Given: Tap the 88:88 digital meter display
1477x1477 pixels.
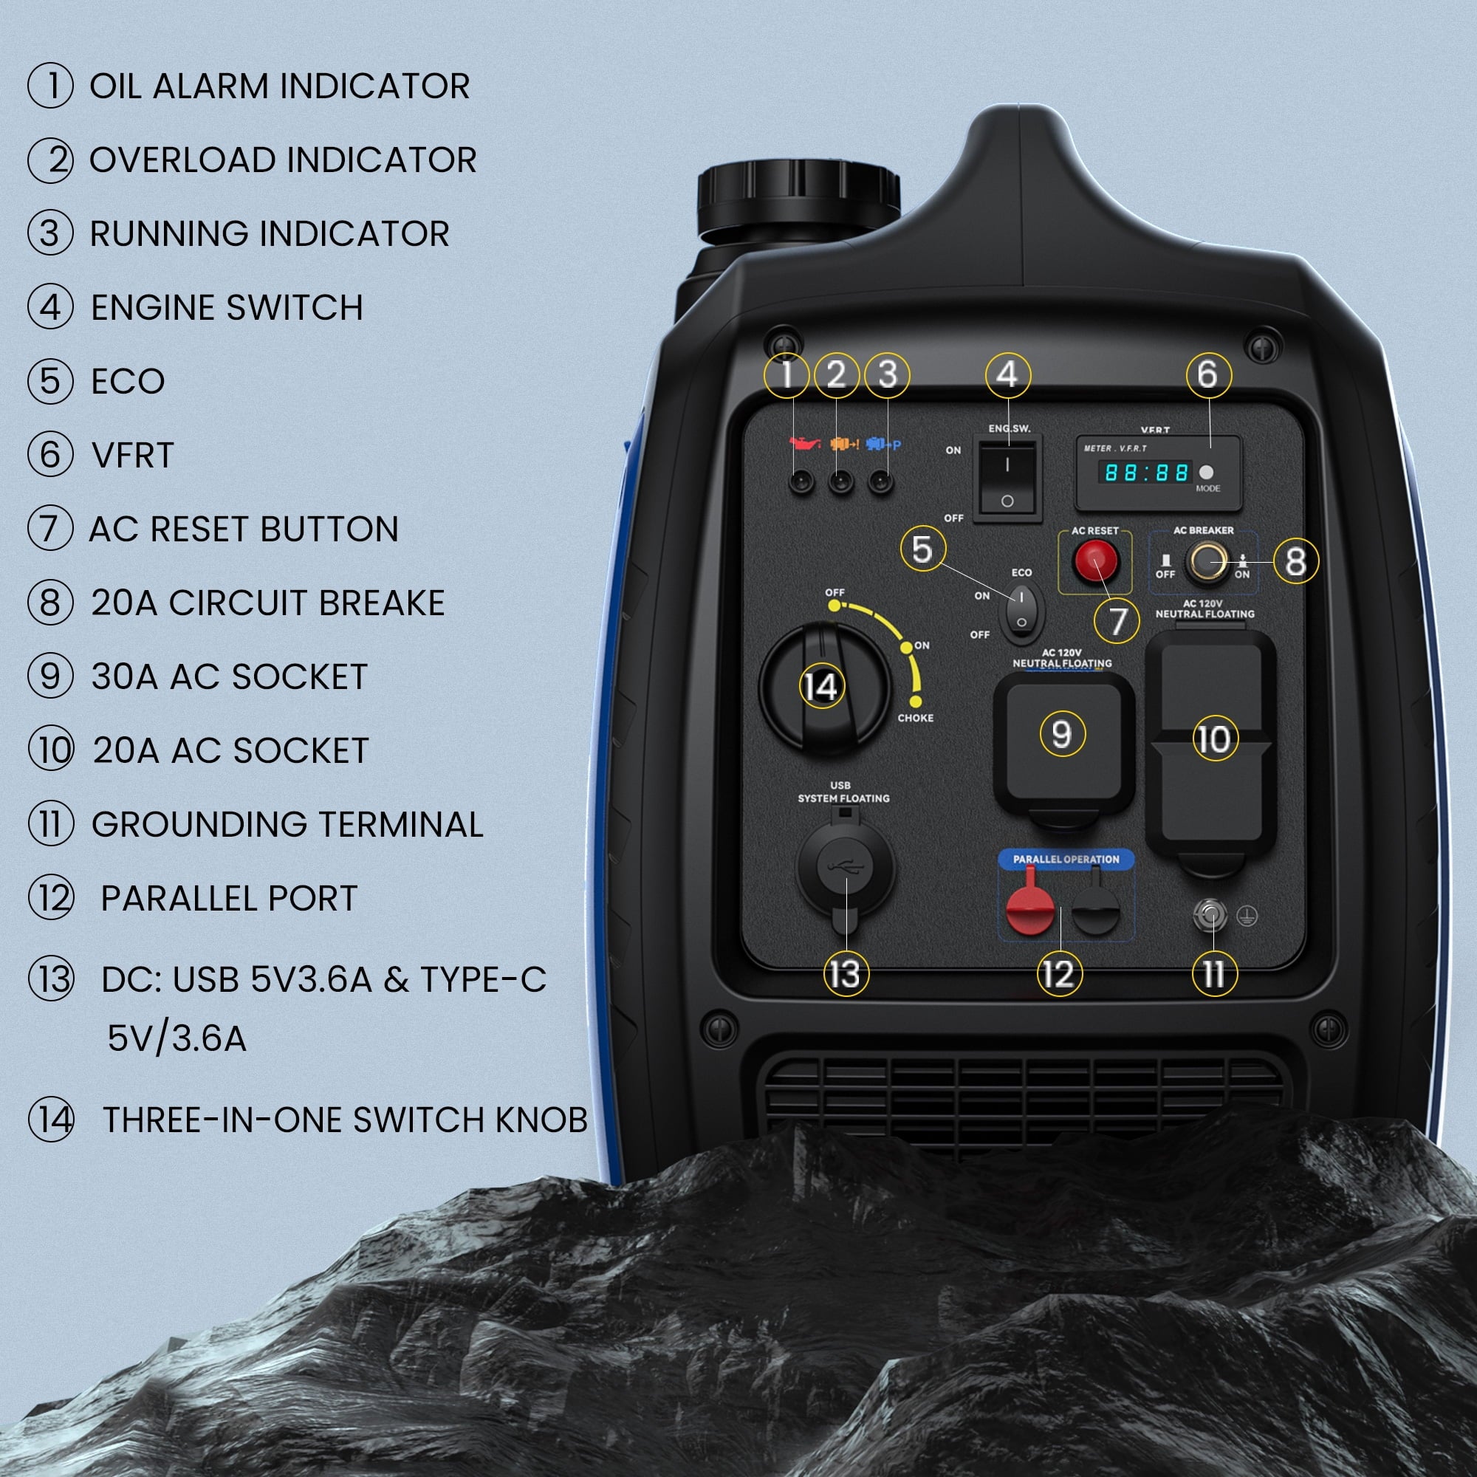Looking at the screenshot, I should (1145, 473).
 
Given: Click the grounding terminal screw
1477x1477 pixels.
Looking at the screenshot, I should (1210, 914).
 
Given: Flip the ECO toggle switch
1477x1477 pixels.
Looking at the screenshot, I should (1021, 611).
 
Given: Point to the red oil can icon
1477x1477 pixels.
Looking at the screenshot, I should (804, 443).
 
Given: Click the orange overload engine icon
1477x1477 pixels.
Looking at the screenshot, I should (844, 443).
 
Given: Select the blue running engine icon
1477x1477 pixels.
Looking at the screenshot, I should (883, 443).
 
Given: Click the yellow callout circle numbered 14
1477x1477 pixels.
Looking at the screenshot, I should (821, 686).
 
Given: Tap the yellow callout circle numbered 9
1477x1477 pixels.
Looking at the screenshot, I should (1062, 734).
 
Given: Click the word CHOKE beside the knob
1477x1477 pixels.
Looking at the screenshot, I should (915, 718).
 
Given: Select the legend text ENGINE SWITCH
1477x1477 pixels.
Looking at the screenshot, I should (226, 307).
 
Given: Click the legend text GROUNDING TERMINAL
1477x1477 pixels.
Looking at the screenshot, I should (287, 824).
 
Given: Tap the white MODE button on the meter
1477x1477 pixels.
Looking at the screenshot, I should (1207, 472).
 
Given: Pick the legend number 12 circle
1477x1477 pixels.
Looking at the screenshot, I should (51, 897).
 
